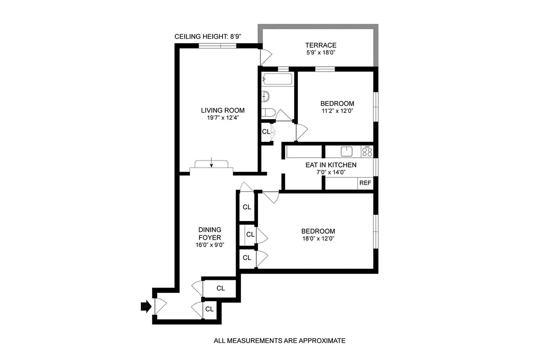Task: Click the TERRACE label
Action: click(x=321, y=45)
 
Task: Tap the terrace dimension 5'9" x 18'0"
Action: click(x=321, y=53)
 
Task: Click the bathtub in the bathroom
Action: click(x=277, y=80)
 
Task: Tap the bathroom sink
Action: click(x=266, y=96)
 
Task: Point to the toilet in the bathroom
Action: click(x=268, y=112)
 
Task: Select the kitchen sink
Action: click(x=346, y=151)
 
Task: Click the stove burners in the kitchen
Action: click(x=368, y=151)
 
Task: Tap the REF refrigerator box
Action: click(x=365, y=183)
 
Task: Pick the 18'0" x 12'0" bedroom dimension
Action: click(x=318, y=239)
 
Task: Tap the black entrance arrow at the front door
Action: click(x=145, y=306)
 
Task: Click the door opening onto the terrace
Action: click(x=265, y=56)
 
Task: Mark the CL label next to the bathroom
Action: click(x=266, y=132)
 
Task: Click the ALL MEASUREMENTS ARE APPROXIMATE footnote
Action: click(x=279, y=341)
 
